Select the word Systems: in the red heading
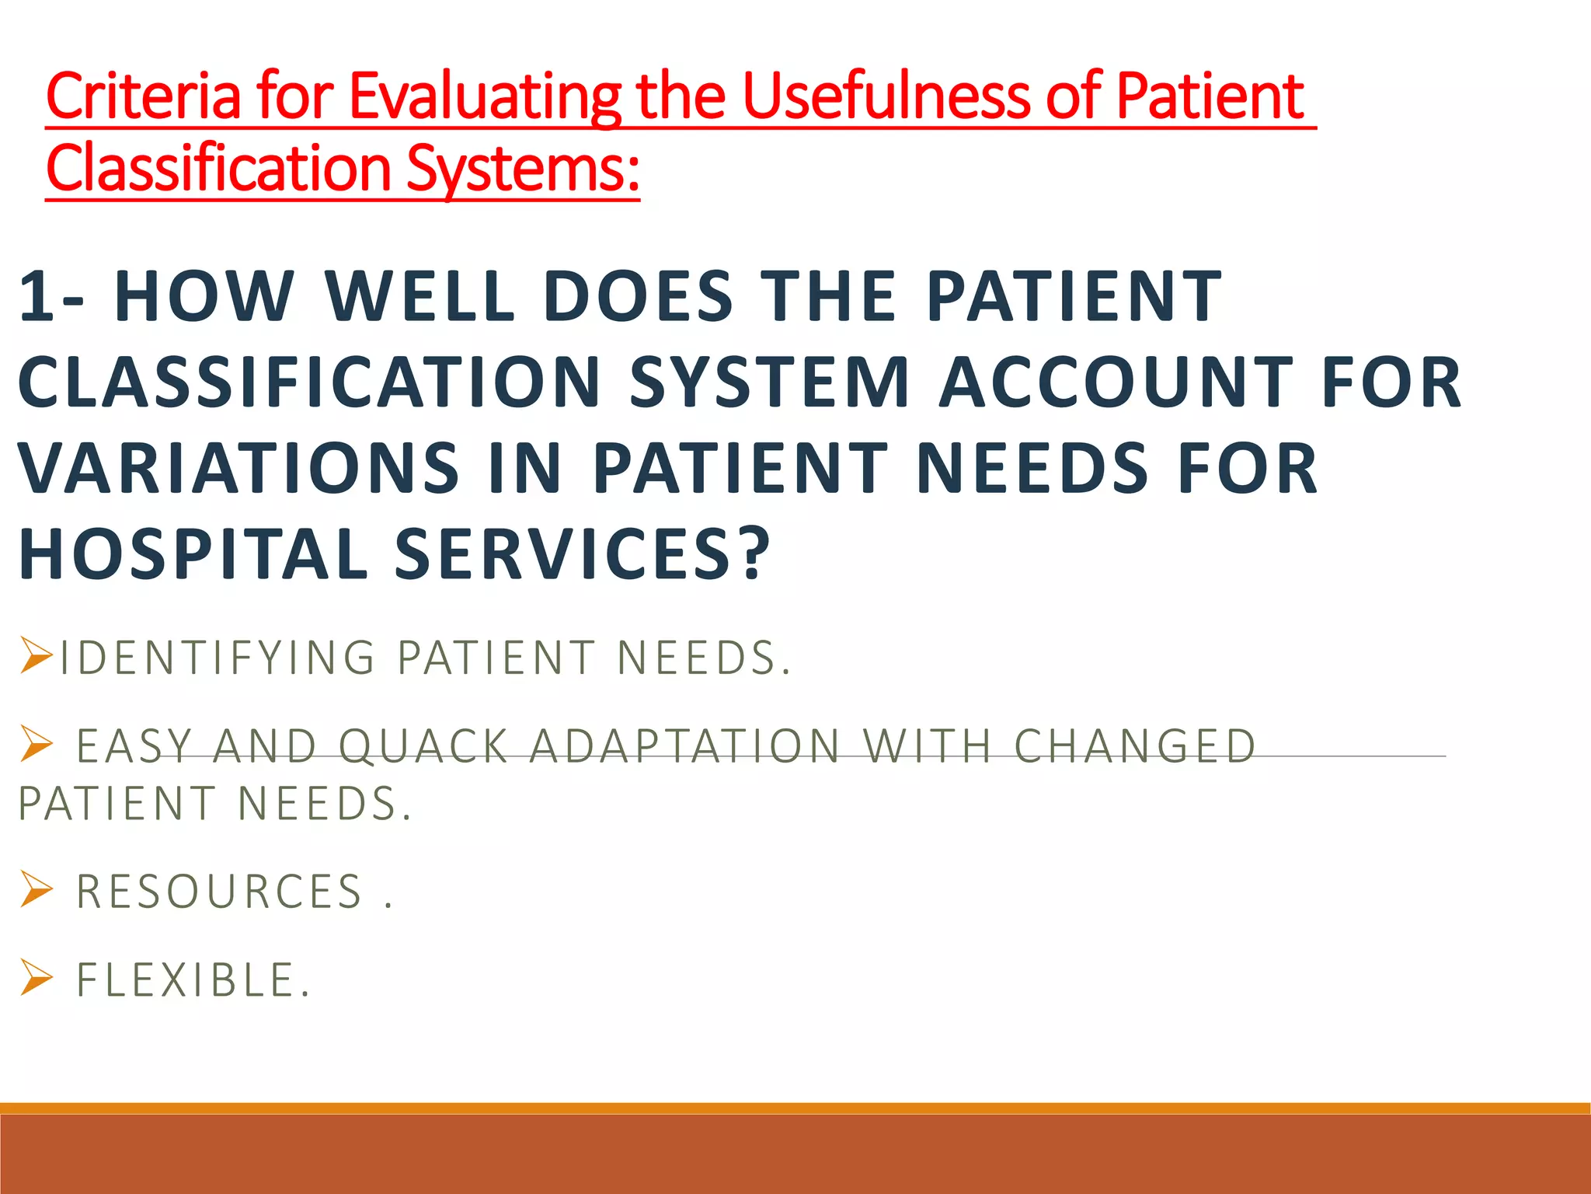coord(523,169)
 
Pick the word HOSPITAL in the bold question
coord(193,554)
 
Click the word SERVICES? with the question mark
coord(583,554)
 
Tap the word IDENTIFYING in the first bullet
coord(218,658)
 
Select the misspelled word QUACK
coord(424,746)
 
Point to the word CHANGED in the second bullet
coord(1135,746)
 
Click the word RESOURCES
coord(220,892)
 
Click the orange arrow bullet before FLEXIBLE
coord(36,978)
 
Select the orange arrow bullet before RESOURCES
coord(36,889)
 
